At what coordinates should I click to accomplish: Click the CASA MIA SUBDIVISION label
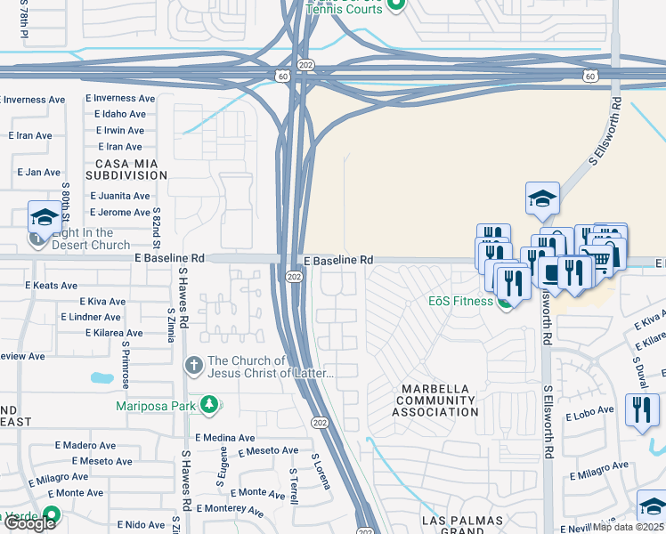click(126, 169)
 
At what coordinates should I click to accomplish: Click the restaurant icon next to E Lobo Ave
click(641, 411)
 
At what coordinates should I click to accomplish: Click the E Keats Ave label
click(53, 285)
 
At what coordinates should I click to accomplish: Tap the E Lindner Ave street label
click(91, 317)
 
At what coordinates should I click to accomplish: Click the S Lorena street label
click(321, 471)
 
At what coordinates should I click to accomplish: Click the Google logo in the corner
click(29, 524)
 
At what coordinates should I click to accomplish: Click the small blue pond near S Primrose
click(102, 378)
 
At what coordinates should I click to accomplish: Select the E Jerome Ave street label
click(118, 212)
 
